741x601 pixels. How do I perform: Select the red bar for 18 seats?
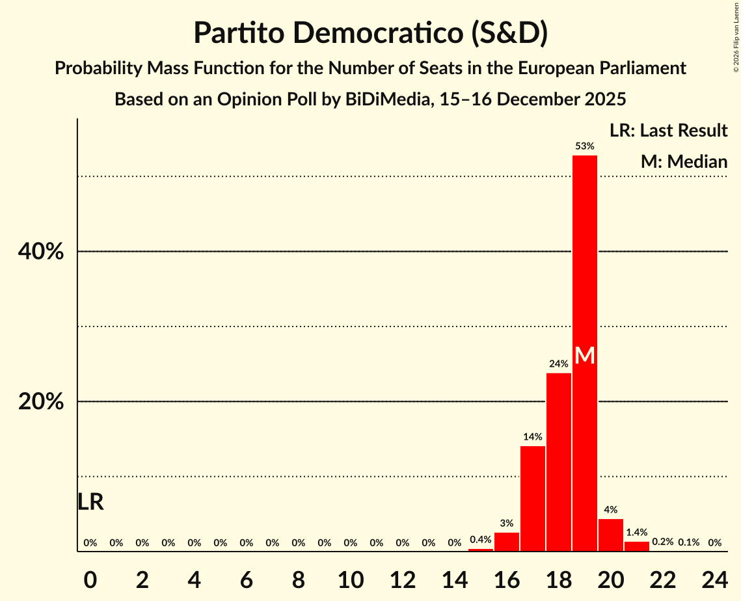pos(558,462)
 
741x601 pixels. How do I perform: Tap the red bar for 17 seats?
pos(532,498)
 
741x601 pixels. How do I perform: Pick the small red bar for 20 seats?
pos(610,535)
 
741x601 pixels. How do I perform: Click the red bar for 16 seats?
pos(507,542)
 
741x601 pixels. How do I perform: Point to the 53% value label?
pos(584,146)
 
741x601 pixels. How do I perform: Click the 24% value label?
pos(558,364)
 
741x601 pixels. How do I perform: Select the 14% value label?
pos(532,436)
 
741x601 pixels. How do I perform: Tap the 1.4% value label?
pos(636,532)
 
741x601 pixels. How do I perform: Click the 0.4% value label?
pos(480,539)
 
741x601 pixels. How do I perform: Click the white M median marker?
pos(584,355)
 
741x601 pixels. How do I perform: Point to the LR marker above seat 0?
pos(90,502)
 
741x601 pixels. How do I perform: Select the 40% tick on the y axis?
pos(41,252)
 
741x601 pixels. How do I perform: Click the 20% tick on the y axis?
pos(41,402)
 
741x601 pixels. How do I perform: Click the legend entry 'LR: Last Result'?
pos(668,131)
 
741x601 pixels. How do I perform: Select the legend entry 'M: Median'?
pos(683,161)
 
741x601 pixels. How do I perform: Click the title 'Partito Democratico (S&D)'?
pos(370,33)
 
